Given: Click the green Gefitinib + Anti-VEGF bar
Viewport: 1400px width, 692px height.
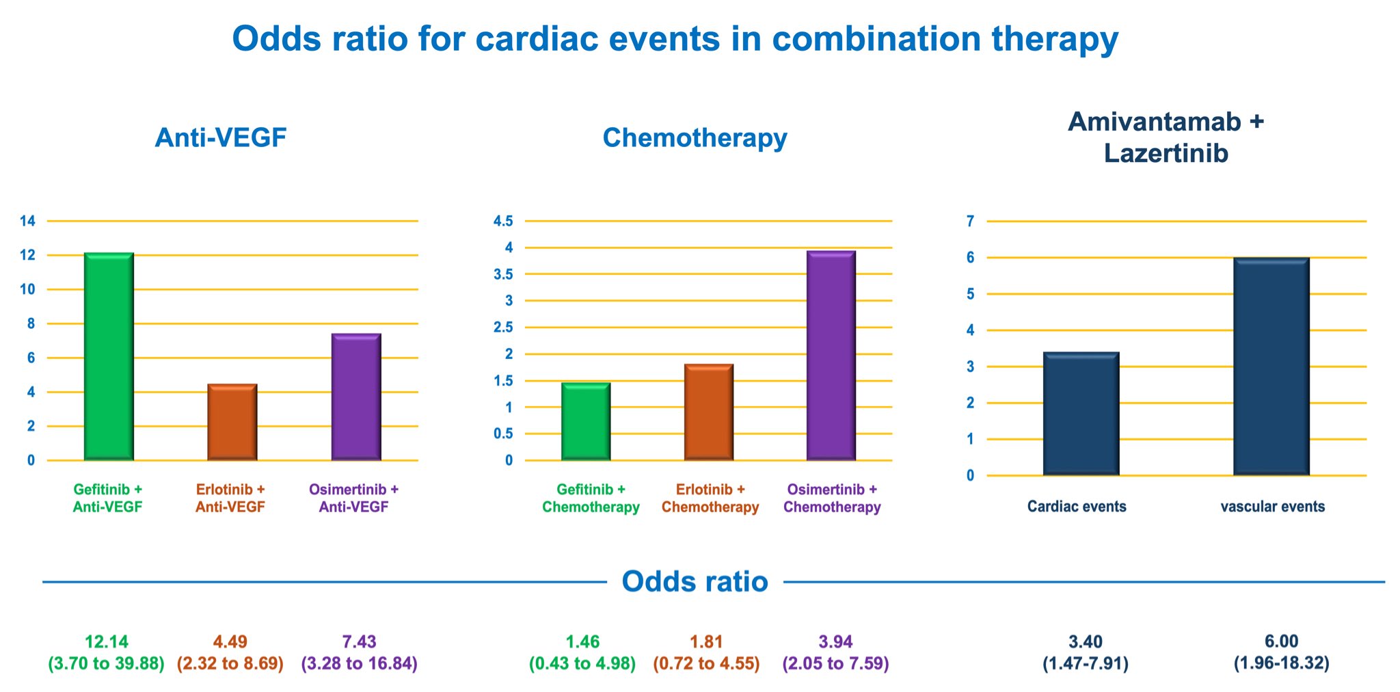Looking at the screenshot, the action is [109, 356].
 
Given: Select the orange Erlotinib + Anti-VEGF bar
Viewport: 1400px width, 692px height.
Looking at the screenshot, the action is [232, 422].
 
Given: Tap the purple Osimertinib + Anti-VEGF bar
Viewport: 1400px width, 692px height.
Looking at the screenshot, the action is [356, 397].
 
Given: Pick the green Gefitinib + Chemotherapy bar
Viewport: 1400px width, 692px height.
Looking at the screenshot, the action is [586, 421].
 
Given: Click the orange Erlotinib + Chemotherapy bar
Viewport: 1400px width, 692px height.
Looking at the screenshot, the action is [709, 412].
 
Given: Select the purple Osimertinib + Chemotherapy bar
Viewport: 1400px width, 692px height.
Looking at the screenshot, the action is [831, 356].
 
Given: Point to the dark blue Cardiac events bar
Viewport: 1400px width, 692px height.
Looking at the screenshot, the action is [1081, 414].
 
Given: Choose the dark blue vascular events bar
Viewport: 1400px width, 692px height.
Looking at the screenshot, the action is [1271, 367].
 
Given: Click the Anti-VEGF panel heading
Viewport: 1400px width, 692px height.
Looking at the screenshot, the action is [221, 137].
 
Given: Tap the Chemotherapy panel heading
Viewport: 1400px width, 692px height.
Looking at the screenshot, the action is [695, 137].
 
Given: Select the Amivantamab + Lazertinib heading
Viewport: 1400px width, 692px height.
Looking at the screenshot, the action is [1166, 137].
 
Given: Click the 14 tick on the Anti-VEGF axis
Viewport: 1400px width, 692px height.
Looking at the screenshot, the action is [27, 221].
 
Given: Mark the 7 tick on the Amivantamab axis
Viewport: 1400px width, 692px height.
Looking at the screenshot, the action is [970, 221].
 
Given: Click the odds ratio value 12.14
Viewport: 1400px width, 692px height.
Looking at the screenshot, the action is [107, 642].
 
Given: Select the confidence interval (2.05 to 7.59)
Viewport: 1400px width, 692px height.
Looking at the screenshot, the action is [836, 663].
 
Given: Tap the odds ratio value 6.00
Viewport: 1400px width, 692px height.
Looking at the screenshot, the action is [1282, 641].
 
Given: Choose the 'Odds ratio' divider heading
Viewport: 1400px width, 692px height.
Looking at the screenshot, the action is [695, 581].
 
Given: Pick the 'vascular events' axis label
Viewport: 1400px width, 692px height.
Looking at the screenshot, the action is [1273, 507].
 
